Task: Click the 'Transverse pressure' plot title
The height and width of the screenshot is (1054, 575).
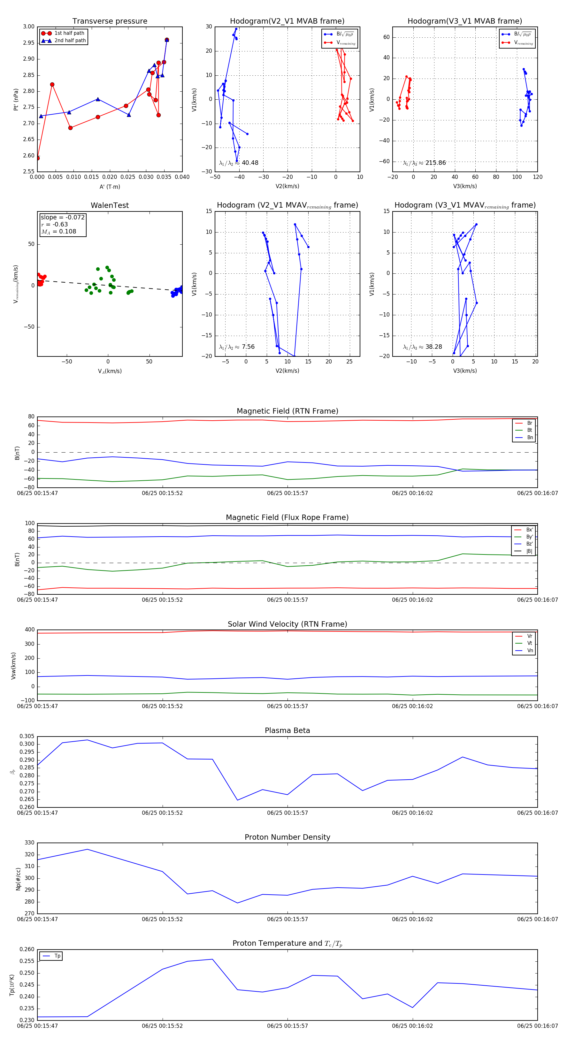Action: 110,21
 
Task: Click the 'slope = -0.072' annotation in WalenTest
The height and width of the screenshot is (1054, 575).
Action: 63,217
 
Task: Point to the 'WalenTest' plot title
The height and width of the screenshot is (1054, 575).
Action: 110,205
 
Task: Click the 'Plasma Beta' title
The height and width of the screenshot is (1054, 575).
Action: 287,731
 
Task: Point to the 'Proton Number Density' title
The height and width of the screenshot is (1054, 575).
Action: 287,837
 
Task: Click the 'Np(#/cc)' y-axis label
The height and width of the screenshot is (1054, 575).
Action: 18,878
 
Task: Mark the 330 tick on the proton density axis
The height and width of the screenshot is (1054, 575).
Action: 29,843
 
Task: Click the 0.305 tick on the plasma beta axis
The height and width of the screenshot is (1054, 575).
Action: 27,737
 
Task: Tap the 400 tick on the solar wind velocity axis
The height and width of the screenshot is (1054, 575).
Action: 29,630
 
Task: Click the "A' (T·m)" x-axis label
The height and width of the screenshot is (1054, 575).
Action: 110,187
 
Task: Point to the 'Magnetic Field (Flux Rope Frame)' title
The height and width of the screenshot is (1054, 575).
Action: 287,518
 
